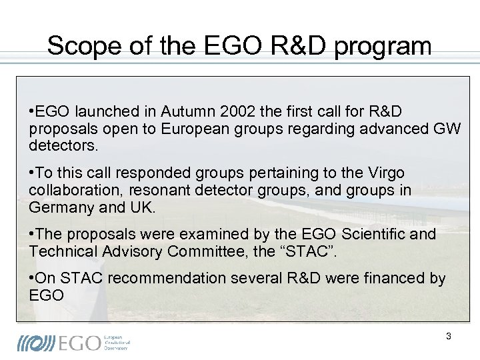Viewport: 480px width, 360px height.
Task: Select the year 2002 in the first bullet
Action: (241, 111)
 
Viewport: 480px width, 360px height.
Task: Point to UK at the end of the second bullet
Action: (147, 207)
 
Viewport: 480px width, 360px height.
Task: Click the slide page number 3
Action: (448, 337)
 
